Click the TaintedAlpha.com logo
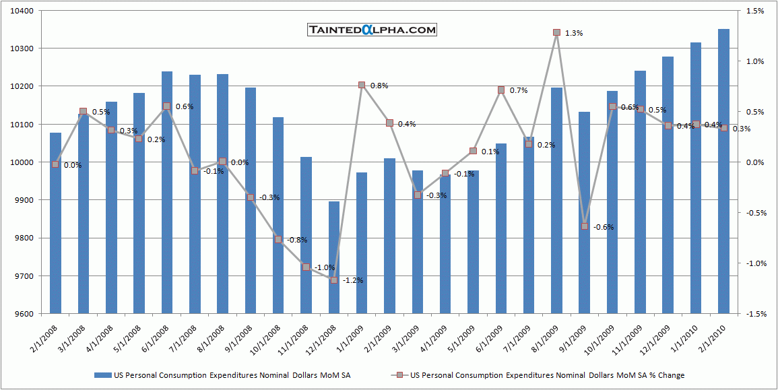click(372, 30)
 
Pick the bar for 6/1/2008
click(167, 192)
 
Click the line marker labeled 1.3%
click(556, 32)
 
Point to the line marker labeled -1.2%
click(334, 280)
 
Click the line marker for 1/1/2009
click(362, 85)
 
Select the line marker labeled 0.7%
click(501, 90)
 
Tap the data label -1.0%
click(325, 267)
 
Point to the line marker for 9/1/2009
click(585, 226)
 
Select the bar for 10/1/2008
click(278, 216)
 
